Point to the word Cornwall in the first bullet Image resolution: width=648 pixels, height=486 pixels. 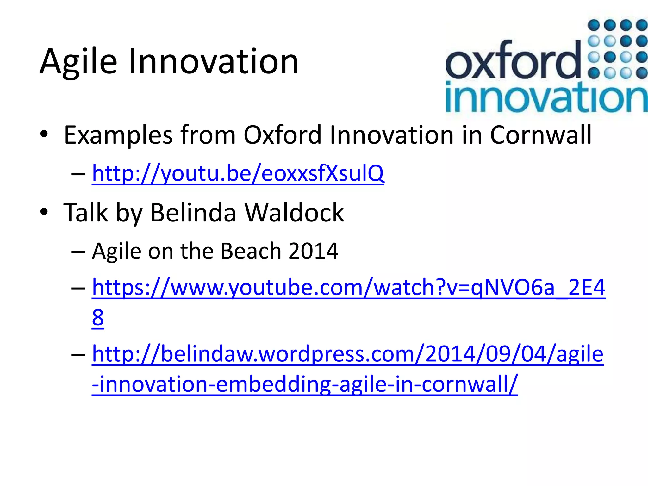tap(541, 135)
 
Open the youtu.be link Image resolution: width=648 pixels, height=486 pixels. tap(238, 173)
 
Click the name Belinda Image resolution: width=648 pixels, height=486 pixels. tap(193, 213)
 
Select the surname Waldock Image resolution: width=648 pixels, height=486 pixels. tap(294, 213)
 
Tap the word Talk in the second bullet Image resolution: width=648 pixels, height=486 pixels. tap(85, 213)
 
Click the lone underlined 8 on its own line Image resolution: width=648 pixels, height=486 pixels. tap(98, 318)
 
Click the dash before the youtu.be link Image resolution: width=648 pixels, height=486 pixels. tap(78, 174)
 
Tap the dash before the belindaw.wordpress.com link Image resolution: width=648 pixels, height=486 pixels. tap(78, 355)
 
